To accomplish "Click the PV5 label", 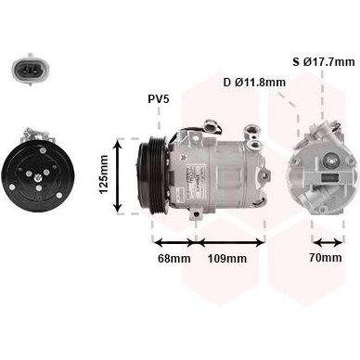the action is (159, 99).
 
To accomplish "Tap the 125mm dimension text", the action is (104, 174).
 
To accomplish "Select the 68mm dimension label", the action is (174, 258).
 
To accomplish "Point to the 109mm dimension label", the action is (227, 258).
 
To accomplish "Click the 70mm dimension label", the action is (326, 257).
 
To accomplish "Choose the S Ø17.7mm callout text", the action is (324, 62).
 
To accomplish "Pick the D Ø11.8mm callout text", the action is (254, 83).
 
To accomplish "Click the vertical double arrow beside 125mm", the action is (117, 175).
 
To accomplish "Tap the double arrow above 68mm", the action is (174, 242).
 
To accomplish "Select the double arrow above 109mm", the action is (231, 242).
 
